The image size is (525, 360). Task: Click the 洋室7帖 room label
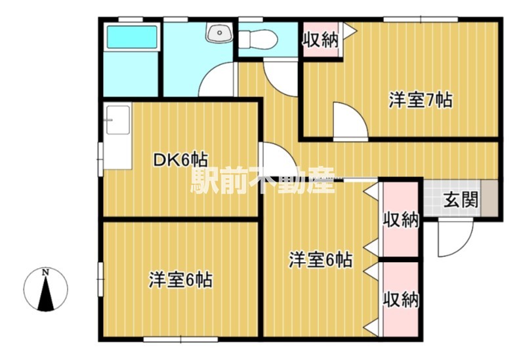pyautogui.click(x=420, y=100)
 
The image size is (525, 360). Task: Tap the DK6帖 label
pyautogui.click(x=181, y=159)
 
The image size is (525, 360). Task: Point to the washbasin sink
pyautogui.click(x=217, y=33)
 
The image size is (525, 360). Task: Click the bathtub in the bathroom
pyautogui.click(x=132, y=38)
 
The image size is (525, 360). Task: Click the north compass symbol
pyautogui.click(x=45, y=289)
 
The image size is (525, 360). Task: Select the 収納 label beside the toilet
pyautogui.click(x=320, y=39)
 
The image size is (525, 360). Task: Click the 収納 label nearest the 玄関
pyautogui.click(x=401, y=219)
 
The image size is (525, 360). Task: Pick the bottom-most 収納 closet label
pyautogui.click(x=401, y=299)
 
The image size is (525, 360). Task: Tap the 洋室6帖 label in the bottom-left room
pyautogui.click(x=180, y=280)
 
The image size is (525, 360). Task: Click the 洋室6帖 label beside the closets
pyautogui.click(x=321, y=260)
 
